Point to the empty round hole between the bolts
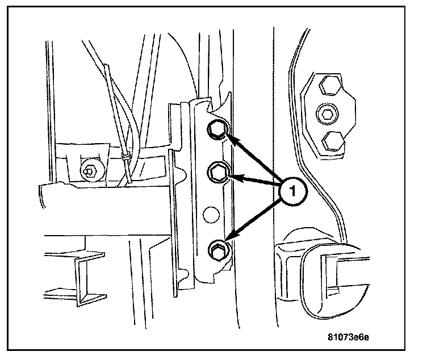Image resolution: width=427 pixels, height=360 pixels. pos(211,214)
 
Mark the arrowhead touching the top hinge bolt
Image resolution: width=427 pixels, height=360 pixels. pos(229,137)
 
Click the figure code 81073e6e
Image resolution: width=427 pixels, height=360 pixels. pos(348,337)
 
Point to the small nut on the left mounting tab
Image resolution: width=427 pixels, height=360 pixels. pos(87,170)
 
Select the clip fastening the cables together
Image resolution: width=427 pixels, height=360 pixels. pos(127,154)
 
